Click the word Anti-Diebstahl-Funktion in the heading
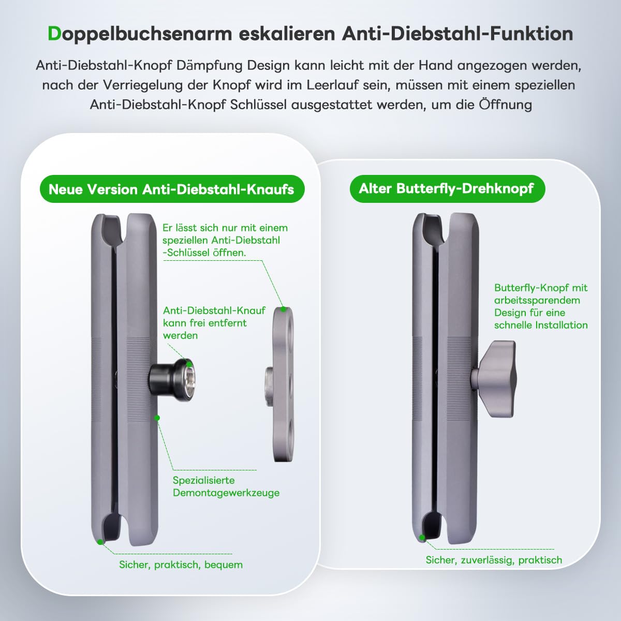(457, 34)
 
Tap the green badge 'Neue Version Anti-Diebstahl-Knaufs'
(171, 189)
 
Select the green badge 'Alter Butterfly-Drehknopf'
(446, 188)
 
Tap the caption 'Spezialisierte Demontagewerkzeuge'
(226, 486)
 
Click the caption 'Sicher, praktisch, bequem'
(181, 565)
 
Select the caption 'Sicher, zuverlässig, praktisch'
(494, 560)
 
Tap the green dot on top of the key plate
(283, 309)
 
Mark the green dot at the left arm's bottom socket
(99, 541)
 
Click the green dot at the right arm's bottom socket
(423, 538)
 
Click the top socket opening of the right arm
(434, 228)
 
